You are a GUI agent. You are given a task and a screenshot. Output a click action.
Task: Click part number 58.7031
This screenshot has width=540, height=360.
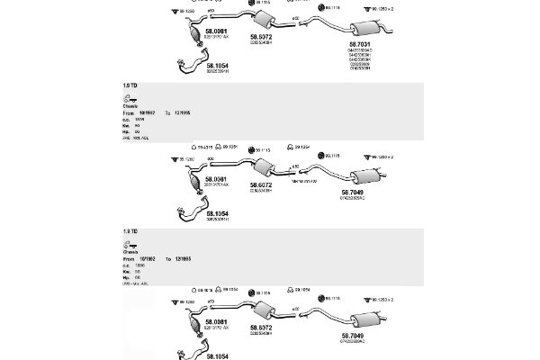(360, 42)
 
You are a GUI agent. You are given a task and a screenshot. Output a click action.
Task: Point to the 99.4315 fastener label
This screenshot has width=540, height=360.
(203, 147)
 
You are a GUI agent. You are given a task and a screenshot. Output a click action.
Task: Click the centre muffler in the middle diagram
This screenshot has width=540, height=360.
(264, 168)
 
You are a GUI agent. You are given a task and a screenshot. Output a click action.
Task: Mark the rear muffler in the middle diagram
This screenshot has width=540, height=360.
(364, 175)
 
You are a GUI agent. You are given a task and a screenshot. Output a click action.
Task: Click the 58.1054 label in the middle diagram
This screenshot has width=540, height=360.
(217, 213)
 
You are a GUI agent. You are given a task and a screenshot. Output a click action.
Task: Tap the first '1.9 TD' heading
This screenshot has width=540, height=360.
(130, 84)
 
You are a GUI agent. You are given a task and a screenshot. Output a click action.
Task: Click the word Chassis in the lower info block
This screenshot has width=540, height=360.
(131, 252)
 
